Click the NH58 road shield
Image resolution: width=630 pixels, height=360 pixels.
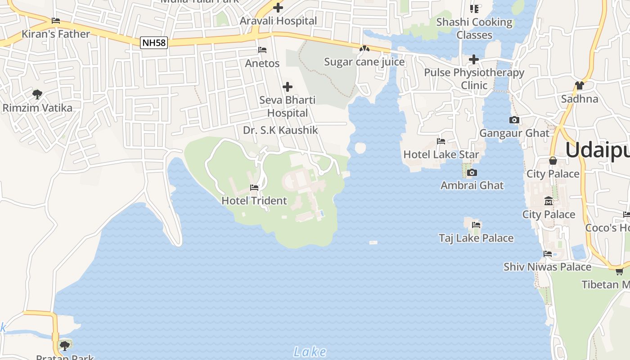[x=154, y=43]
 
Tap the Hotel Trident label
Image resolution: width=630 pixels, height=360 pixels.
[x=254, y=201]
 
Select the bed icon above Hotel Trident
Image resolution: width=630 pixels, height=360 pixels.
[x=254, y=187]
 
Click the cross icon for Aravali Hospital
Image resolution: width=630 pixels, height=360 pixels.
[x=278, y=8]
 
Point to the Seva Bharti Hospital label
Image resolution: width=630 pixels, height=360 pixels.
[x=288, y=106]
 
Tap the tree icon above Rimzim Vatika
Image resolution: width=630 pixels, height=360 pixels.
[x=37, y=94]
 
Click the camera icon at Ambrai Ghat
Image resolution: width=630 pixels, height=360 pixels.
[x=472, y=172]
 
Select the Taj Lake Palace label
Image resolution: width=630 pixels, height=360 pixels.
[x=476, y=238]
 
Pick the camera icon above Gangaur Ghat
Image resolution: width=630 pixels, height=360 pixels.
[x=514, y=120]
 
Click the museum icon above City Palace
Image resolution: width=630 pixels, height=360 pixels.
[x=549, y=201]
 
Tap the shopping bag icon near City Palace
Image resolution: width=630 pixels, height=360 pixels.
[x=553, y=161]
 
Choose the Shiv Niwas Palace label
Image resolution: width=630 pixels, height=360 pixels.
[x=547, y=267]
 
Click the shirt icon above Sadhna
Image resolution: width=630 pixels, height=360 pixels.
[x=579, y=85]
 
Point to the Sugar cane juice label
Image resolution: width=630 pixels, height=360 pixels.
[x=364, y=62]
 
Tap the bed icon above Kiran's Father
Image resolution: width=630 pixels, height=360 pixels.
[x=56, y=21]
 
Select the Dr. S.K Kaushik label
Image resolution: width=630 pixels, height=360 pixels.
[x=280, y=130]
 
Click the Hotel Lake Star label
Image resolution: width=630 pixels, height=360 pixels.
[x=441, y=154]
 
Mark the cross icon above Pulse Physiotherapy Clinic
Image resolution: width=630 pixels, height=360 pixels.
[x=473, y=59]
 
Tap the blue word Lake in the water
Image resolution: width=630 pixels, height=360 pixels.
[x=310, y=351]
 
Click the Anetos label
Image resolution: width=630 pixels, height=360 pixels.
[x=262, y=63]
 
